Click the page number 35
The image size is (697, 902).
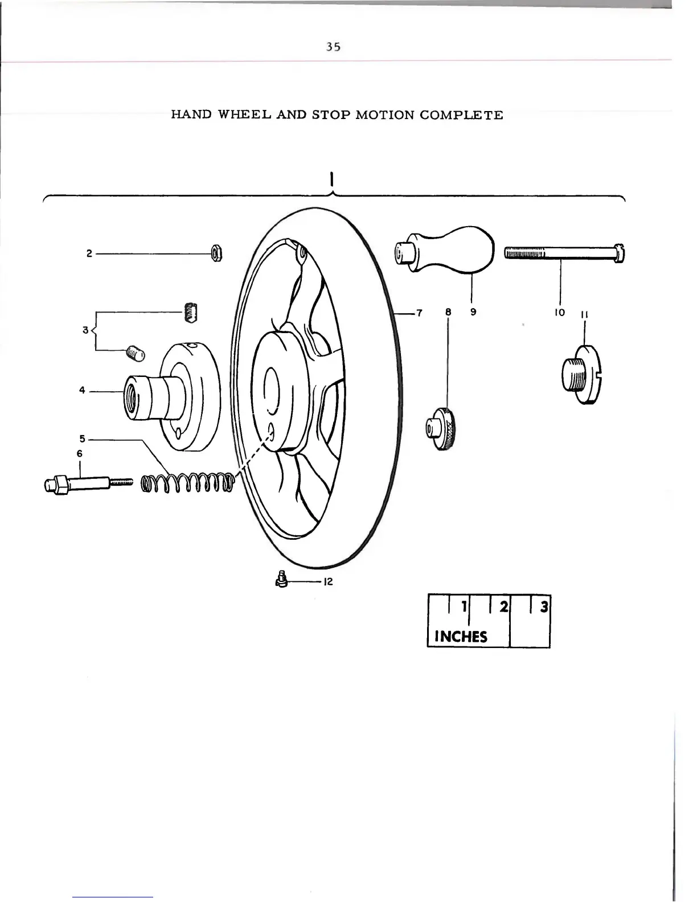(333, 47)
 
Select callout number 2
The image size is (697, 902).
(89, 254)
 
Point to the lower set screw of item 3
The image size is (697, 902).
(137, 353)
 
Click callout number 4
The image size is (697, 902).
(82, 391)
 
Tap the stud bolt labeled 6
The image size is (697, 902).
(85, 485)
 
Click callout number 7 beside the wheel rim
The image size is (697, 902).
(420, 313)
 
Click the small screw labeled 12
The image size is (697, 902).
(281, 580)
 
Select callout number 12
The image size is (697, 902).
(327, 582)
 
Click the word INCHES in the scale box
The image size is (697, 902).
(461, 636)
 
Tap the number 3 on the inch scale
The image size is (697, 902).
(544, 607)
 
